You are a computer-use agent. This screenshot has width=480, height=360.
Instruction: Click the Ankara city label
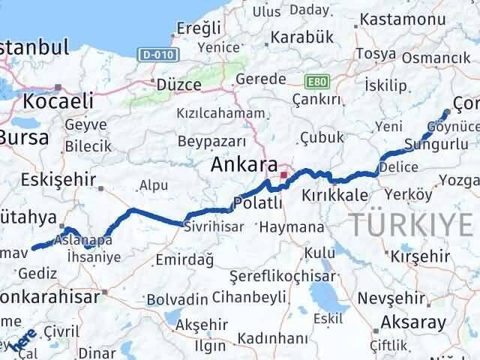(244, 164)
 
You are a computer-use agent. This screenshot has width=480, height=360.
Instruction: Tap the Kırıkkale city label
(334, 195)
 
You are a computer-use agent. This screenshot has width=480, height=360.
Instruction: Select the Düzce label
(177, 85)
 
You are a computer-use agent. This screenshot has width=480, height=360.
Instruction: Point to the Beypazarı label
(212, 141)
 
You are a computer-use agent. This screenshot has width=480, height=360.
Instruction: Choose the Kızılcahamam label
(220, 113)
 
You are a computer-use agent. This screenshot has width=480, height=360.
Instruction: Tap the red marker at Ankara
(283, 176)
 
